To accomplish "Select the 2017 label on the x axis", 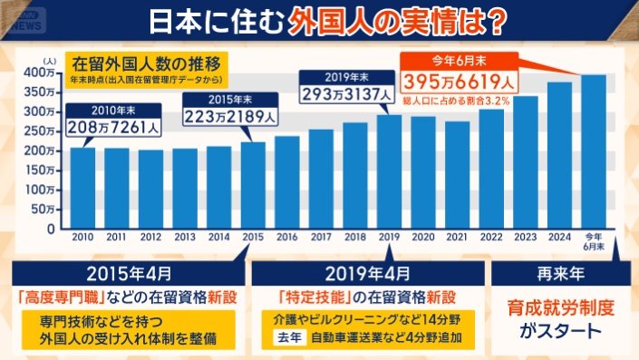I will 321,237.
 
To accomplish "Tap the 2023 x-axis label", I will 525,237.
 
